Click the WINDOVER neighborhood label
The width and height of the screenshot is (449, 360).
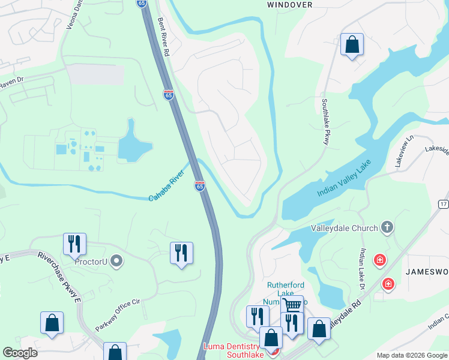click(x=289, y=4)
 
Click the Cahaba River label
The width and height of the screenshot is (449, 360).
click(x=166, y=188)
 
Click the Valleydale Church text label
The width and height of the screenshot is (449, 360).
click(x=344, y=228)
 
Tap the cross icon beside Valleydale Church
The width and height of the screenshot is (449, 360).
click(x=387, y=227)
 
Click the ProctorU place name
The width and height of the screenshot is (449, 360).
click(x=91, y=262)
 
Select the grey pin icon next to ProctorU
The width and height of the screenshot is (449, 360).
click(x=116, y=261)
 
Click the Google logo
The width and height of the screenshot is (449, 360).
click(x=20, y=353)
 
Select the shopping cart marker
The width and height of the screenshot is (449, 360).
click(x=292, y=305)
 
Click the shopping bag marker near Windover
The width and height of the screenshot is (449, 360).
click(x=352, y=44)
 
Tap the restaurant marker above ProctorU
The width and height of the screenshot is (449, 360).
click(x=74, y=243)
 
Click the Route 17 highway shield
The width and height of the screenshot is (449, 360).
click(x=443, y=203)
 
